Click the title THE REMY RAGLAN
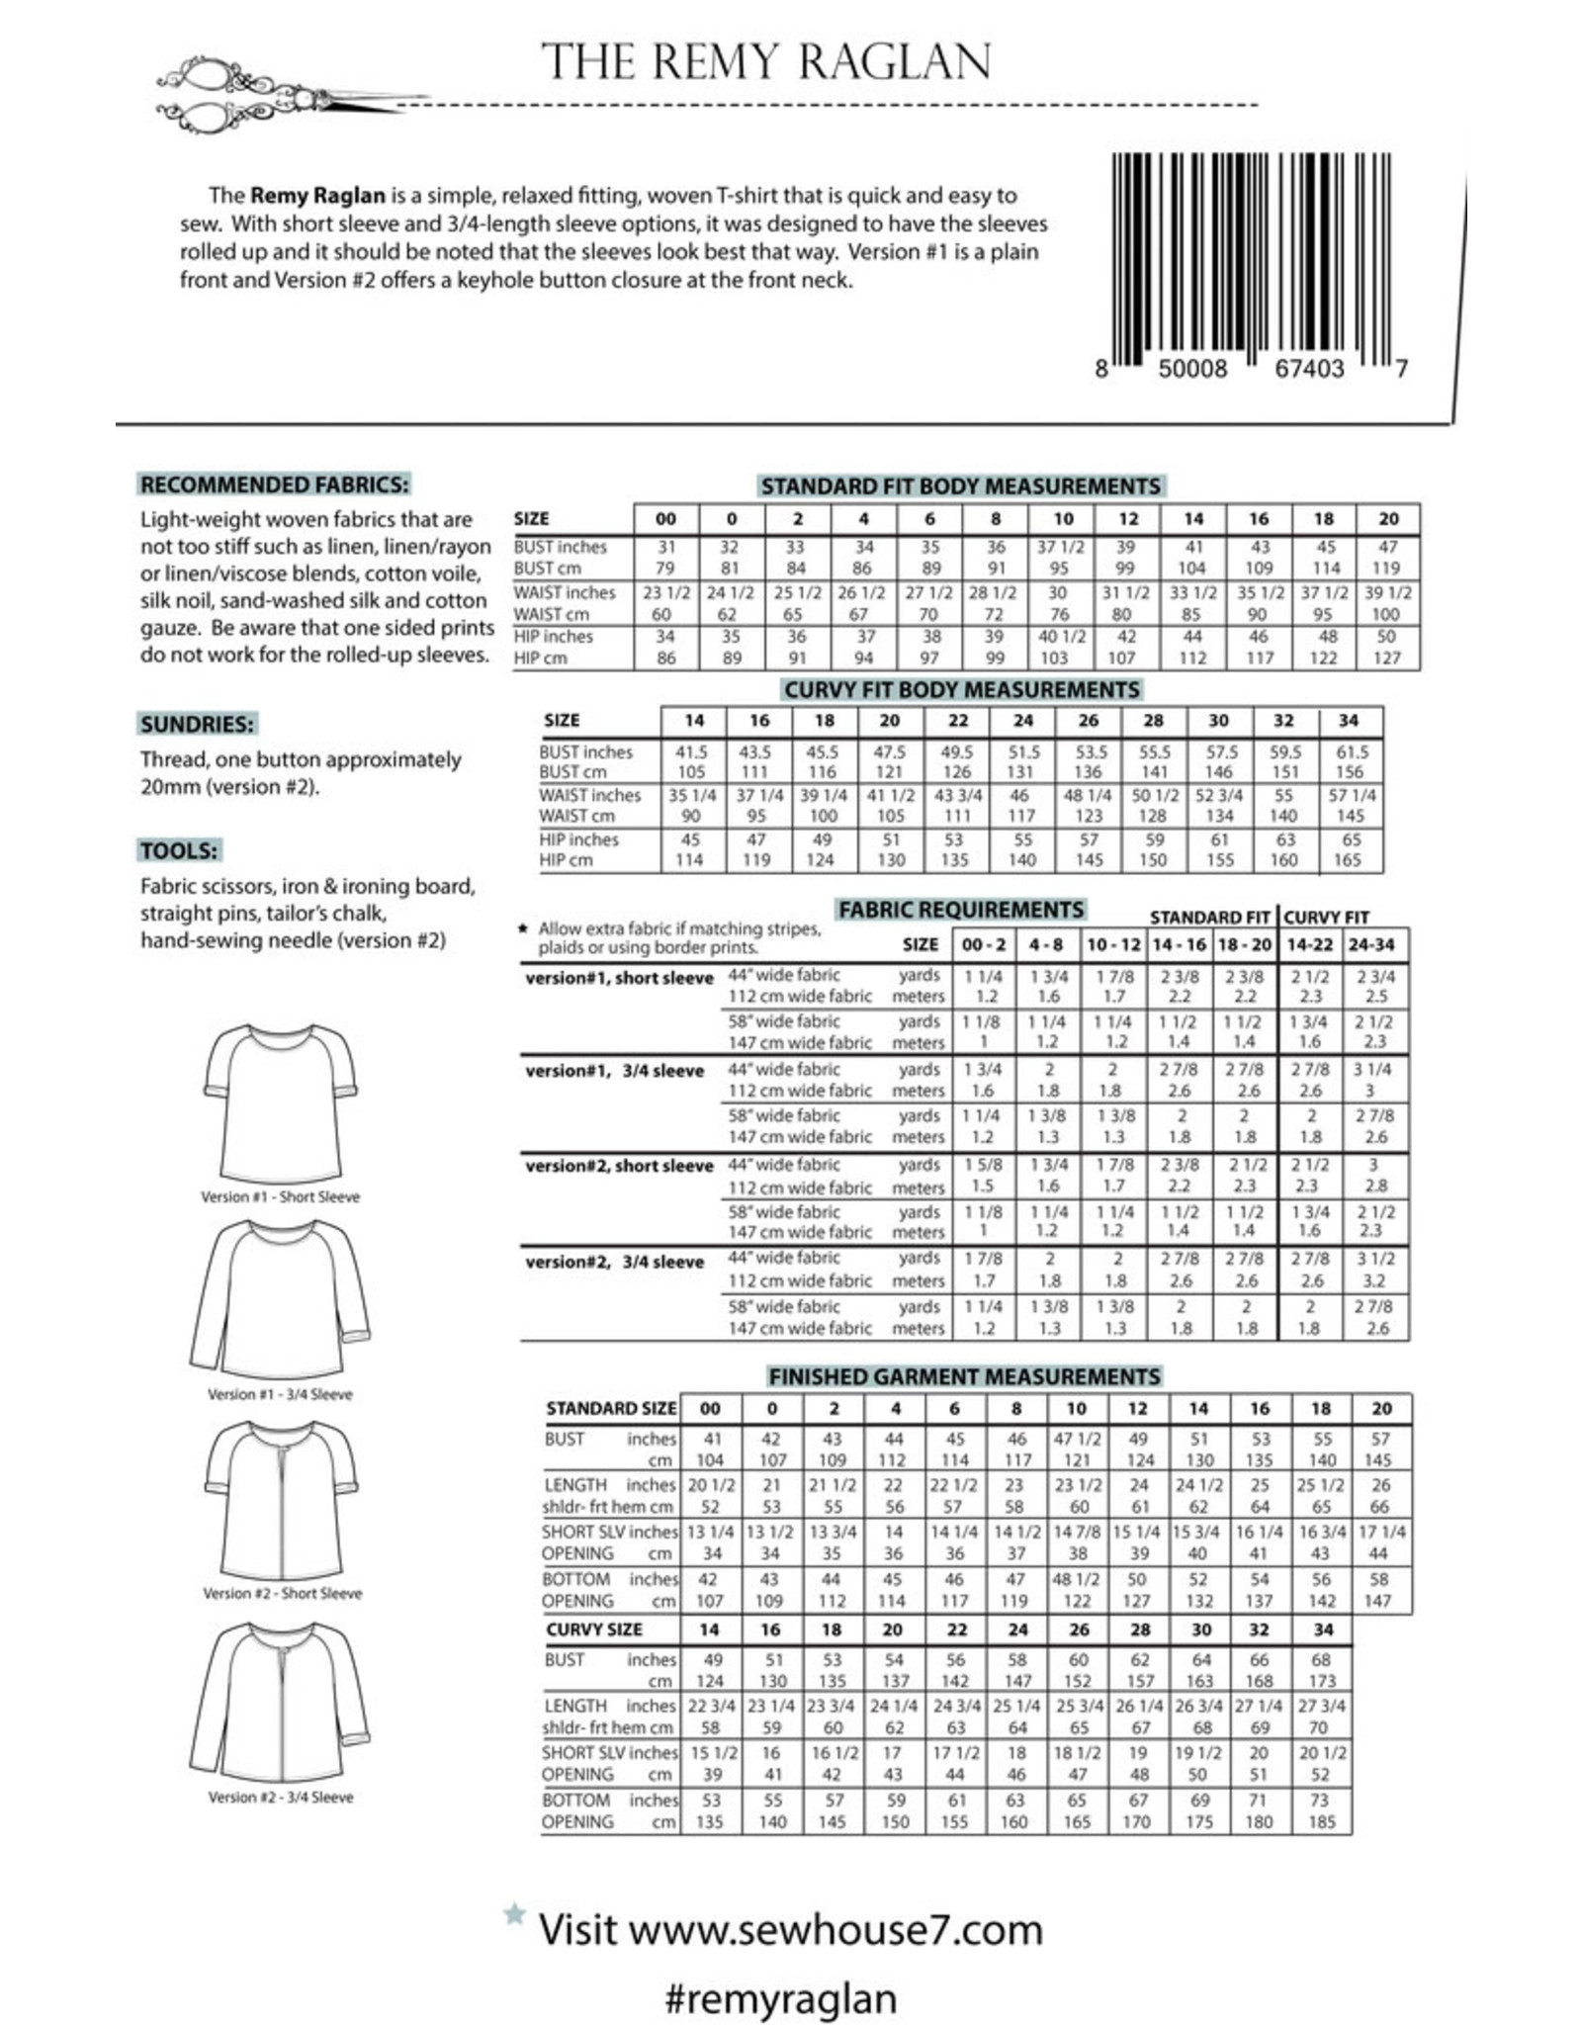(766, 62)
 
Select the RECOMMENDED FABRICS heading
(274, 484)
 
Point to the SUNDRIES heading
(197, 724)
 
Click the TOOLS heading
(179, 850)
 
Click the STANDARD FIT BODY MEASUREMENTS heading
(960, 486)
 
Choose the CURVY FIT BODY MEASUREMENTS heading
(962, 689)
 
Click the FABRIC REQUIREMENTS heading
(961, 910)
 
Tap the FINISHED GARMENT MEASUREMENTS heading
(964, 1376)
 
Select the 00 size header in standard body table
(666, 519)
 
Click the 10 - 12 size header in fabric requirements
(1113, 945)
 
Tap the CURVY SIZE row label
(594, 1629)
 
